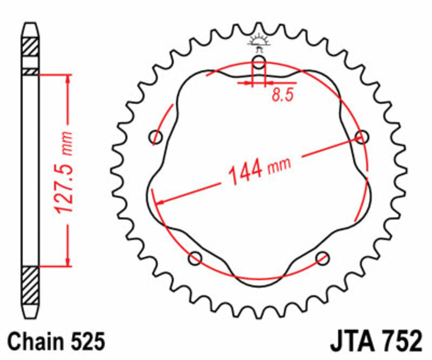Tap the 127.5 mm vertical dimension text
point(67,172)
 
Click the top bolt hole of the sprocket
point(259,62)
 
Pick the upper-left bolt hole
point(157,137)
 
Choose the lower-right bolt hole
point(322,258)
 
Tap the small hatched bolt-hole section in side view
point(30,71)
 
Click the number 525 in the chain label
point(87,342)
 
